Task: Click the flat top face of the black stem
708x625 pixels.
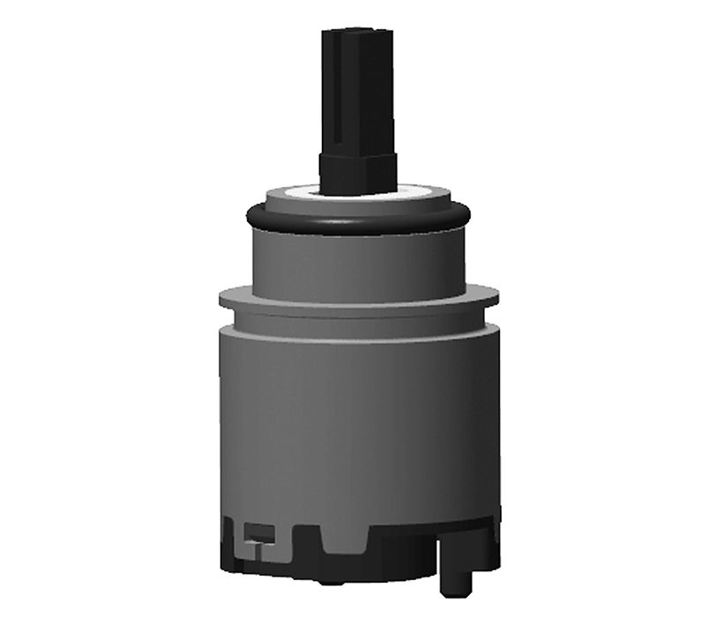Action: (x=356, y=34)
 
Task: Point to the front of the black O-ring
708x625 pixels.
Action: (x=357, y=226)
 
